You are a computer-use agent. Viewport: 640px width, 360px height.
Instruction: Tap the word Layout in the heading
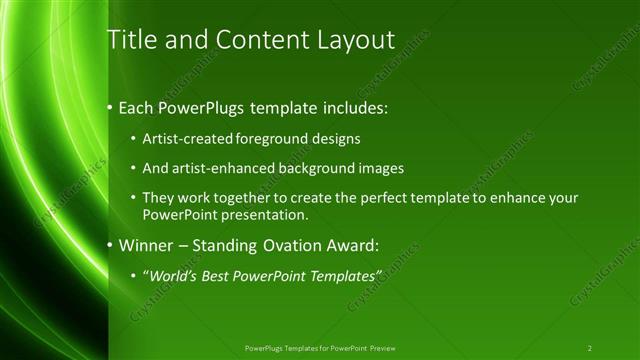[354, 40]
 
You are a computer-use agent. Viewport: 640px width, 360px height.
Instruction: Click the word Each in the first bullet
[137, 107]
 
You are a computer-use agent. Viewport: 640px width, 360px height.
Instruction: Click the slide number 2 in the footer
[590, 348]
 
